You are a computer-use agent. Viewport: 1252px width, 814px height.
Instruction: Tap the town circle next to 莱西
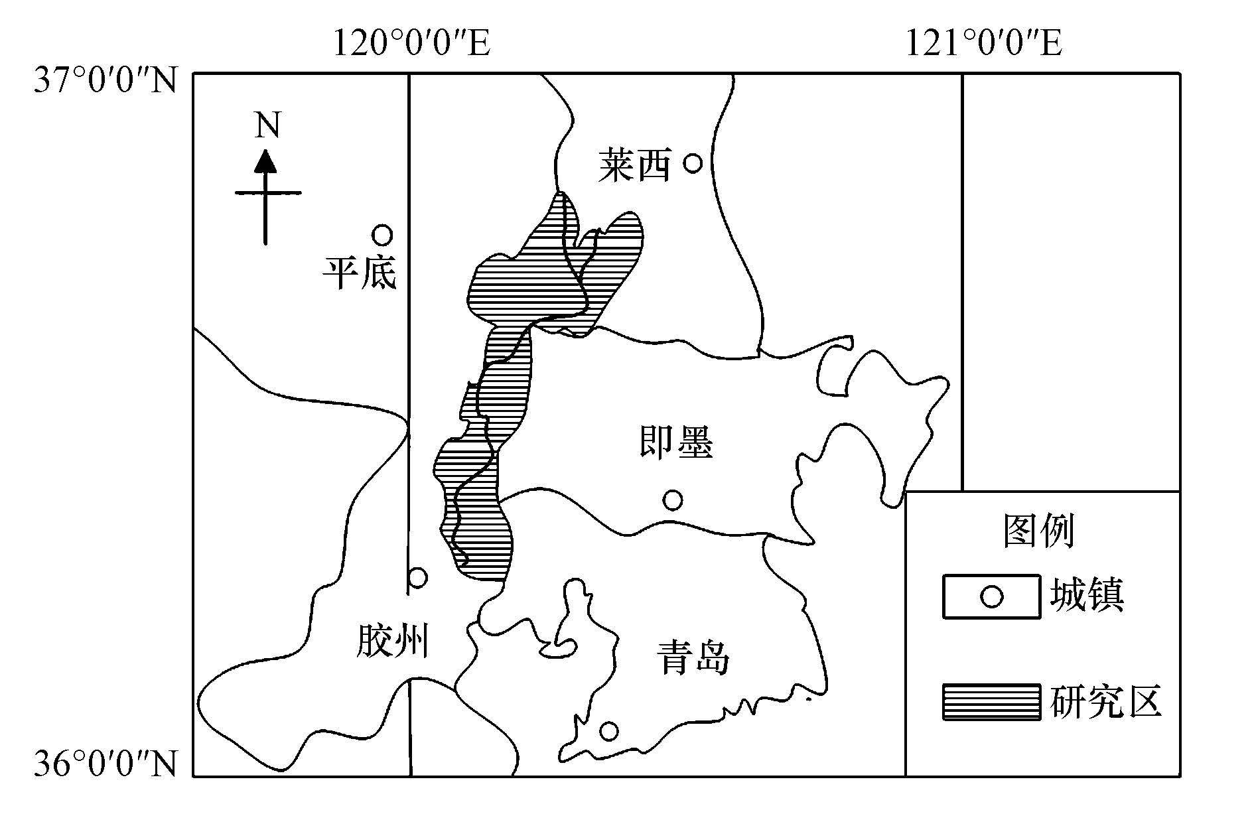pyautogui.click(x=693, y=163)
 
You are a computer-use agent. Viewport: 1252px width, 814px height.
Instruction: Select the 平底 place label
pyautogui.click(x=360, y=273)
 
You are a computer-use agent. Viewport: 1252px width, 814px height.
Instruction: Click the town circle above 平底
pyautogui.click(x=382, y=234)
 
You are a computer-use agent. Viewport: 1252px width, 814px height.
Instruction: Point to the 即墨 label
pyautogui.click(x=676, y=442)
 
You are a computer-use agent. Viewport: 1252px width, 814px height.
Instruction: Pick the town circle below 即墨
pyautogui.click(x=673, y=500)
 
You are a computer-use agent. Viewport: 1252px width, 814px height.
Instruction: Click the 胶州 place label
pyautogui.click(x=391, y=641)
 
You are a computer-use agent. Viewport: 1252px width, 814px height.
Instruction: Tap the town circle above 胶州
pyautogui.click(x=417, y=577)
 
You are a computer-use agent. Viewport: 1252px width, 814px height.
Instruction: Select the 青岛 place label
pyautogui.click(x=693, y=657)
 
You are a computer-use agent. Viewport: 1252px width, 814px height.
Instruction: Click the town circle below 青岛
pyautogui.click(x=608, y=731)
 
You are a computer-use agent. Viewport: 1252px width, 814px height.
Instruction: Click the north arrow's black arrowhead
pyautogui.click(x=266, y=161)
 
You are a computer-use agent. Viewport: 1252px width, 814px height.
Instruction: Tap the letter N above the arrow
pyautogui.click(x=267, y=125)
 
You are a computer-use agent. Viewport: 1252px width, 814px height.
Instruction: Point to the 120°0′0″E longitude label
pyautogui.click(x=411, y=44)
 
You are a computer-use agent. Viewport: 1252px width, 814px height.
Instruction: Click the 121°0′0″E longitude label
pyautogui.click(x=984, y=44)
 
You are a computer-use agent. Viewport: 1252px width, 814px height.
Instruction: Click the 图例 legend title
pyautogui.click(x=1038, y=531)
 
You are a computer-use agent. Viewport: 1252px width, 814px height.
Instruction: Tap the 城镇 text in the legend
pyautogui.click(x=1087, y=595)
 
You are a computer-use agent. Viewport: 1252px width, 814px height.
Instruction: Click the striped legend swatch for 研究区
pyautogui.click(x=991, y=702)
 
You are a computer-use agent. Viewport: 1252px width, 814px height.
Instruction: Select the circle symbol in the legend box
pyautogui.click(x=991, y=596)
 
